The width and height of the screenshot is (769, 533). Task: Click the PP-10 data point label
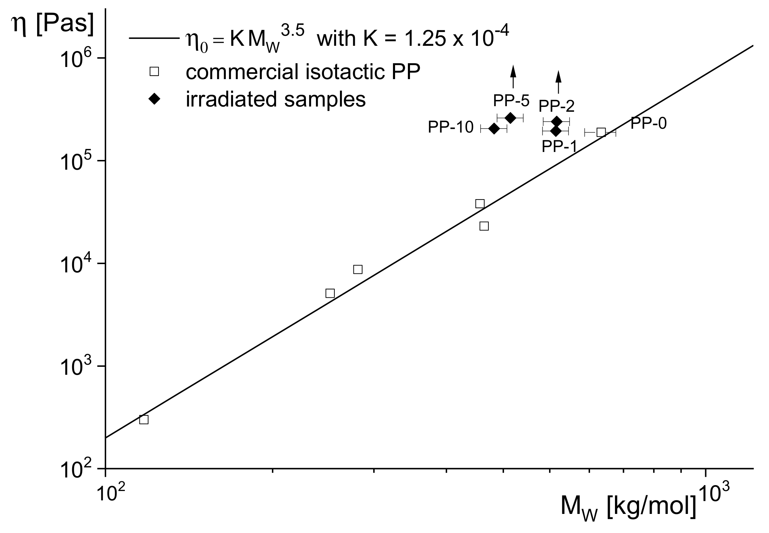(x=450, y=128)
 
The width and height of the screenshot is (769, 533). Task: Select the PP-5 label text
(x=511, y=101)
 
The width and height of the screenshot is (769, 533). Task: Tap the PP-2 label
(x=556, y=106)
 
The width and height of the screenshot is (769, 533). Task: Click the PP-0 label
(x=648, y=123)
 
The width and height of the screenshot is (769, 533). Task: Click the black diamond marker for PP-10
(x=494, y=129)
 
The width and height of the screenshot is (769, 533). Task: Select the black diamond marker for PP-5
(x=510, y=118)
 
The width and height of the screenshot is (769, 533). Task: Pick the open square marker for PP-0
(x=601, y=132)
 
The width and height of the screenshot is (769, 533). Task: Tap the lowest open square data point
(x=144, y=420)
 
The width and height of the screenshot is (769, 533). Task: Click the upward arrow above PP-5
(x=513, y=76)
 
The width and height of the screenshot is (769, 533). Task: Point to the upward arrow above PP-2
(x=558, y=82)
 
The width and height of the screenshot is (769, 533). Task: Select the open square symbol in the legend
(x=154, y=72)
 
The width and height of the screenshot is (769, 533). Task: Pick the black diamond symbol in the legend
(x=154, y=99)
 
